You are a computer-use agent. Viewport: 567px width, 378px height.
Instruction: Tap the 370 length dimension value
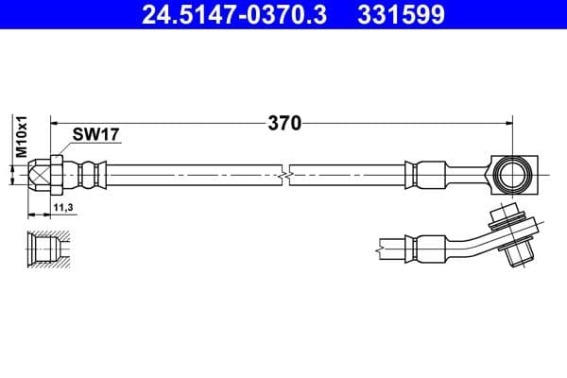point(283,123)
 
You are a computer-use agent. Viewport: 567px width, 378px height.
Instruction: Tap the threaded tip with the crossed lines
point(38,174)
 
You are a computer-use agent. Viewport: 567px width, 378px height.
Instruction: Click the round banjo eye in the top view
point(510,173)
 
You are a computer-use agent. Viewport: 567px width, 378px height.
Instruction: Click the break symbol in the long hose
point(284,174)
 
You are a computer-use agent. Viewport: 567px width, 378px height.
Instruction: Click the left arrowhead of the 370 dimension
point(56,123)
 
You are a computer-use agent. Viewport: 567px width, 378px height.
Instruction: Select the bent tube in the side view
point(468,242)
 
